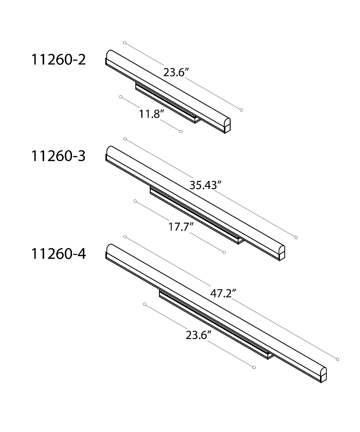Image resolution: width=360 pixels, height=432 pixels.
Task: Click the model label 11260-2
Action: click(58, 60)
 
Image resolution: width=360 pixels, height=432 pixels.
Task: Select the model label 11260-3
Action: click(58, 156)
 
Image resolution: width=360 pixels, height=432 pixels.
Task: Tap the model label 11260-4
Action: click(58, 254)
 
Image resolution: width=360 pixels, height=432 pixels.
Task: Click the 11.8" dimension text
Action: click(152, 114)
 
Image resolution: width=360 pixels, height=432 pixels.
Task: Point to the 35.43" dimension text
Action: click(206, 185)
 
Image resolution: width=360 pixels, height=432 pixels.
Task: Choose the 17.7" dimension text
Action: click(181, 226)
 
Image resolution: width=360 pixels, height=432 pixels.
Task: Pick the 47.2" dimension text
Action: click(223, 293)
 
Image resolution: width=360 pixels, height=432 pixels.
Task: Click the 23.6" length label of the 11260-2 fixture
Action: click(176, 72)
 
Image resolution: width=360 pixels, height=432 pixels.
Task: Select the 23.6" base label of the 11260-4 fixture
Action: click(198, 335)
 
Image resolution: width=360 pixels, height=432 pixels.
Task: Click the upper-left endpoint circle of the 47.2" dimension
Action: click(125, 237)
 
